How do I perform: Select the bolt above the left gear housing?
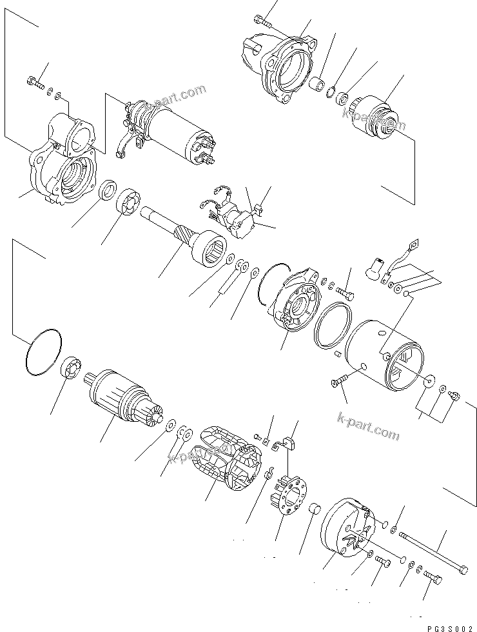35,81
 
